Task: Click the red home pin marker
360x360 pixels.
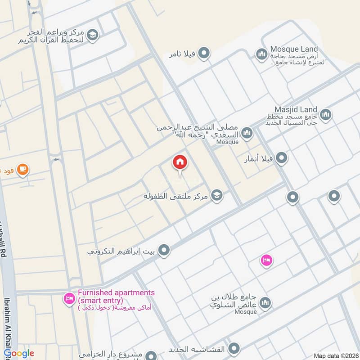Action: pos(180,162)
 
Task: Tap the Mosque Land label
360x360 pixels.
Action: pos(294,49)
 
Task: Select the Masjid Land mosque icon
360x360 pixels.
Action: pos(326,114)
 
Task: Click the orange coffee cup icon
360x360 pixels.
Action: pos(22,169)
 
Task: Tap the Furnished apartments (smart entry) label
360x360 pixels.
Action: pos(116,296)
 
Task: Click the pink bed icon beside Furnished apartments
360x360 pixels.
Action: pos(69,298)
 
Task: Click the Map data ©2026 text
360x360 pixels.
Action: pos(336,355)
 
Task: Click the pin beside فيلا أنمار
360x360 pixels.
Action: pos(281,158)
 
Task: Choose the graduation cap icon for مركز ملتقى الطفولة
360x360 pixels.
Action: pos(217,195)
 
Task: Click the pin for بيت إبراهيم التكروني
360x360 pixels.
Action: pos(164,250)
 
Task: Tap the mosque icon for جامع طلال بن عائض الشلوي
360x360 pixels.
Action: pos(265,302)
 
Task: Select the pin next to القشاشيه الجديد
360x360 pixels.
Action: pos(233,349)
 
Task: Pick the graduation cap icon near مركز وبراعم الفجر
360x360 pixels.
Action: pos(92,35)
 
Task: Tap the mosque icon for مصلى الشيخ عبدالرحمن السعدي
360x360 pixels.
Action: pos(246,133)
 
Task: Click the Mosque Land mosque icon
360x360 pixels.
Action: pos(261,55)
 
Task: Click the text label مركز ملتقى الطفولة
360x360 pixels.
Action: pos(177,196)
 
